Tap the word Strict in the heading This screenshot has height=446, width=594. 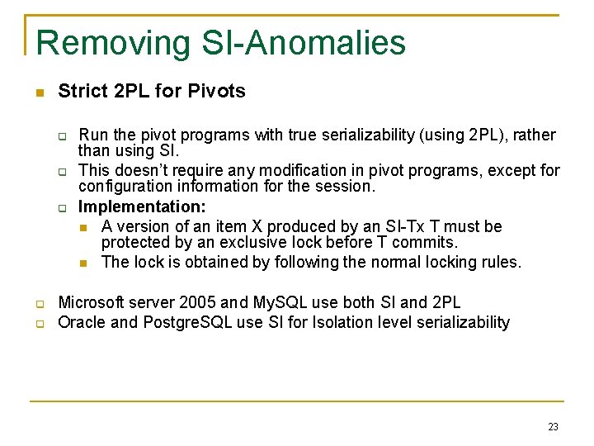(82, 92)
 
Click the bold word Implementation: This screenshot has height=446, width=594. (142, 207)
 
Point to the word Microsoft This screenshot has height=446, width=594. (92, 303)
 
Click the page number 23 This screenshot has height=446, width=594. (553, 427)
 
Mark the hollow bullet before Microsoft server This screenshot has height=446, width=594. (38, 304)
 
